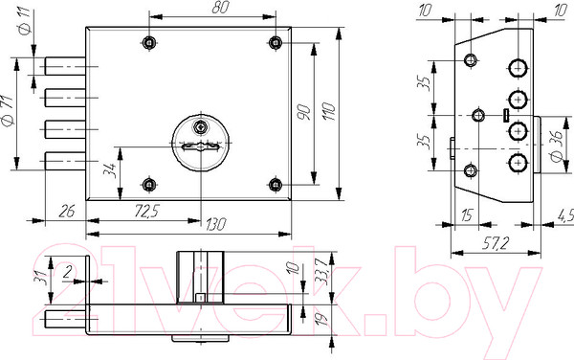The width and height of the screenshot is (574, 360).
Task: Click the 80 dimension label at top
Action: click(x=221, y=8)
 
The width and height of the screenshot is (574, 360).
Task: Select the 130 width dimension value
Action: click(x=215, y=224)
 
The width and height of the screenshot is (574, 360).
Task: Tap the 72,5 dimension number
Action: click(x=147, y=212)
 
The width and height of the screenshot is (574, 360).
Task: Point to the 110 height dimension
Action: click(x=328, y=112)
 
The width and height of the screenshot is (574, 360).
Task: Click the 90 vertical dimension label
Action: click(x=303, y=112)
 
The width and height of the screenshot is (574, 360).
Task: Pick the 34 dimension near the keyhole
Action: click(x=110, y=170)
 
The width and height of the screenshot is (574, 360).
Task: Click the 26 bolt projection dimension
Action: click(x=67, y=212)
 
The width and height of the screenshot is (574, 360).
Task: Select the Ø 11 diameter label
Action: click(x=26, y=22)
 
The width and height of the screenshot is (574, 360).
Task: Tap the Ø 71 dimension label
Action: click(x=8, y=111)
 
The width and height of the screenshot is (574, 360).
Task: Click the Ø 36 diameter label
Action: click(x=557, y=146)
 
